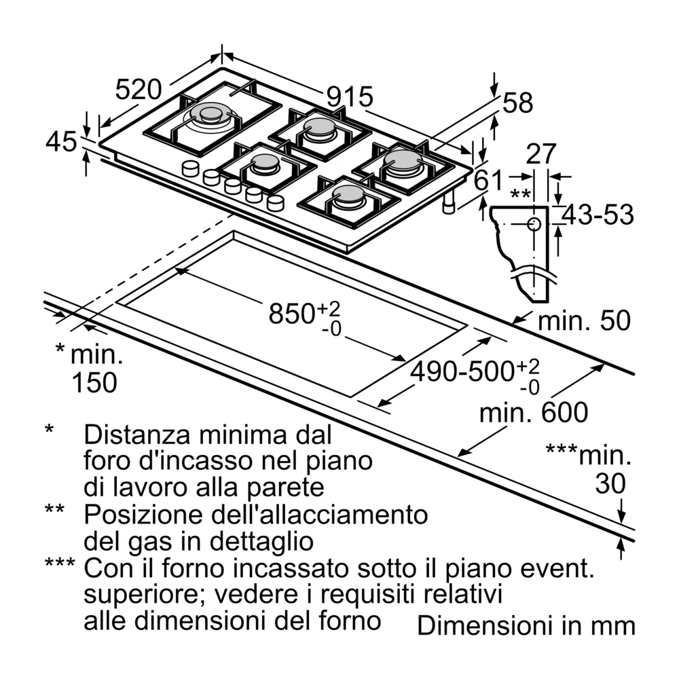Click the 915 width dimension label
pos(350,96)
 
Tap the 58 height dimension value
pos(518,103)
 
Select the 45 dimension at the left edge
pos(61,143)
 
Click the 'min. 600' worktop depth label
pos(533,412)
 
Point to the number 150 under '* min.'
pos(94,383)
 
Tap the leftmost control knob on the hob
pos(190,168)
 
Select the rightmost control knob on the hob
pos(276,202)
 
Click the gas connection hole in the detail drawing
pos(534,224)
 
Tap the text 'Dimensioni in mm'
pos(526,625)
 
